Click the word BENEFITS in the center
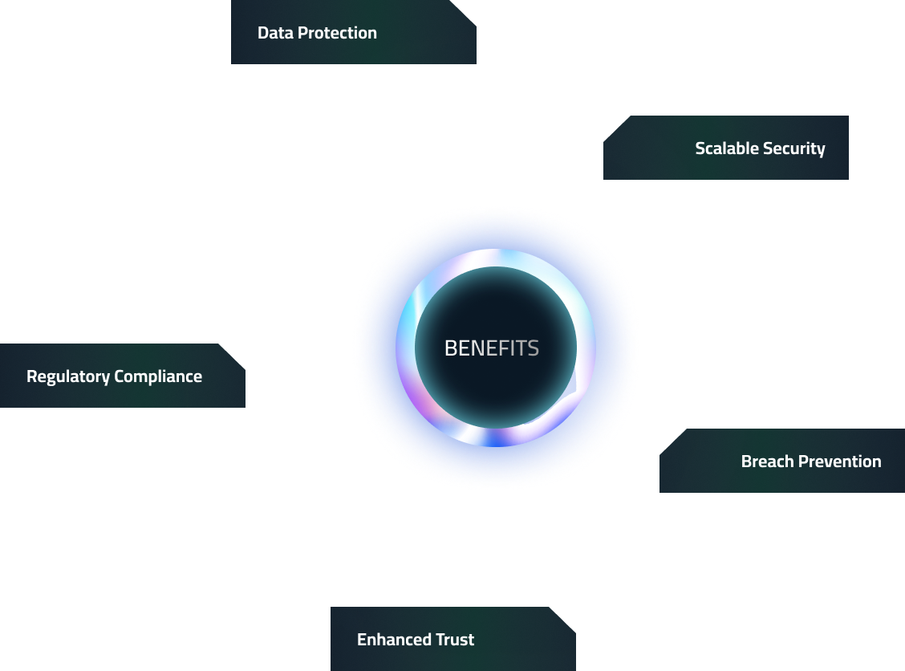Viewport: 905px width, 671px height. click(491, 348)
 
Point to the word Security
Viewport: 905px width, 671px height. click(794, 148)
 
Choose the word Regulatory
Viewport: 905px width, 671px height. click(67, 376)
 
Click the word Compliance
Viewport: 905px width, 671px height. click(158, 376)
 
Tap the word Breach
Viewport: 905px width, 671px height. click(767, 462)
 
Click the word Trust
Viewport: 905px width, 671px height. click(455, 640)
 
